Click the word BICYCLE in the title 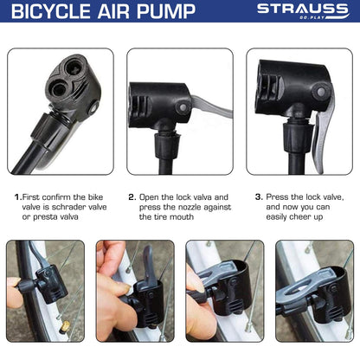click(51, 11)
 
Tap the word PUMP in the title click(166, 11)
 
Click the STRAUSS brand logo click(303, 11)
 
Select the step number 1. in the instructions click(18, 197)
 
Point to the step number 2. click(132, 197)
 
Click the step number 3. click(259, 197)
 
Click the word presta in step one click(46, 217)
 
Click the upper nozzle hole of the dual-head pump click(75, 67)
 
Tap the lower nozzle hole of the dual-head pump click(59, 87)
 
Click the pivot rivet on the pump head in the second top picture click(183, 107)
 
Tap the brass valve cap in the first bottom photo click(65, 327)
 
